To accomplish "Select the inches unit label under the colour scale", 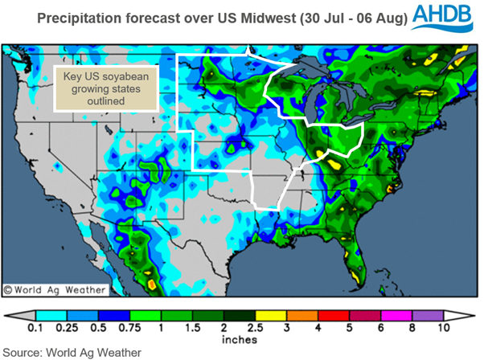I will [x=241, y=338].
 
